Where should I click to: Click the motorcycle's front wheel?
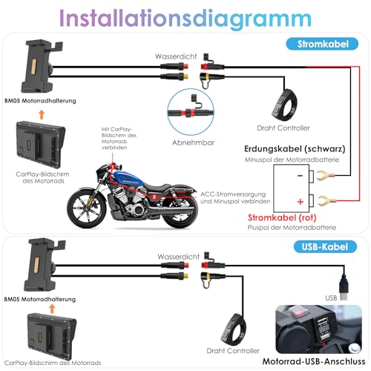point(88,211)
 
